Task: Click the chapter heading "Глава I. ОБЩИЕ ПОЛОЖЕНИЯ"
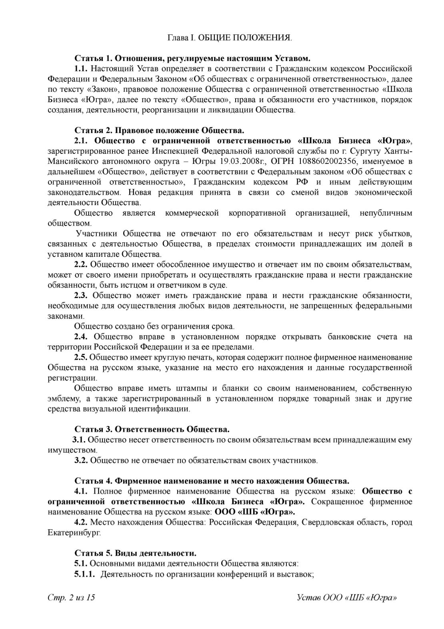229,38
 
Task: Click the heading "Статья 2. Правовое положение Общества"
159,131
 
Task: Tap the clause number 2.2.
81,264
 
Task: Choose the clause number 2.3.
81,296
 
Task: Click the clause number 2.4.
81,337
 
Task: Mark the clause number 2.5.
81,357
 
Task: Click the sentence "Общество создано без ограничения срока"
154,327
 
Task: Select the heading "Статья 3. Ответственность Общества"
152,429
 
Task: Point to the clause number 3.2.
81,460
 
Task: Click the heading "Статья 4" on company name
212,481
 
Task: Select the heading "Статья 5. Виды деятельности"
136,554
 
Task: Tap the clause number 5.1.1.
84,574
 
